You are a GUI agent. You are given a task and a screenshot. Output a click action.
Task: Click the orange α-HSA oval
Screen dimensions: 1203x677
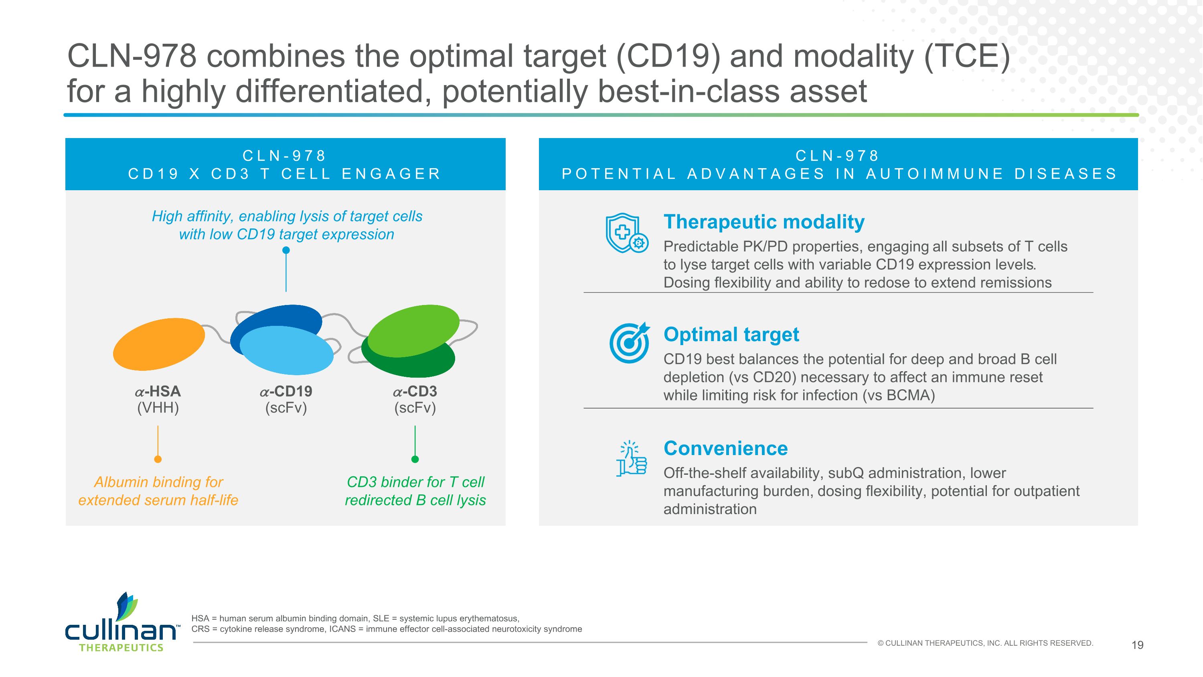tap(159, 344)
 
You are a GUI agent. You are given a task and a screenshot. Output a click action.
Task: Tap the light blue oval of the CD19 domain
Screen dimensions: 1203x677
tap(287, 350)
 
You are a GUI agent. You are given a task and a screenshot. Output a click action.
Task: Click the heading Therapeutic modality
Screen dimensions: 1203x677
tap(764, 222)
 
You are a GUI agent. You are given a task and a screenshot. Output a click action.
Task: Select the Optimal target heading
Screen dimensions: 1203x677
tap(731, 335)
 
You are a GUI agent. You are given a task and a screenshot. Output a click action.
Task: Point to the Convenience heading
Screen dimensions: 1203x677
tap(726, 448)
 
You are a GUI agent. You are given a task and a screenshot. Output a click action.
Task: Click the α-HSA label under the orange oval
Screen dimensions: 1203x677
tap(158, 391)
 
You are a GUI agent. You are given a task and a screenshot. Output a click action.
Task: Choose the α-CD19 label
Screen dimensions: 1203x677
tap(286, 391)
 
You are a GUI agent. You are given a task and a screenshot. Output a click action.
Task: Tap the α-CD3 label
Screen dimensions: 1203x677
tap(415, 391)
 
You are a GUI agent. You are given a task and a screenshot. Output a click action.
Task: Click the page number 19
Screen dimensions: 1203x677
tap(1138, 645)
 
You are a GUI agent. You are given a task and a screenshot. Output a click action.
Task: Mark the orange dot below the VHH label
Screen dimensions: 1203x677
tap(158, 459)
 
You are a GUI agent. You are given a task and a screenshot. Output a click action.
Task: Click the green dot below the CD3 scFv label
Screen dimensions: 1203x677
tap(415, 459)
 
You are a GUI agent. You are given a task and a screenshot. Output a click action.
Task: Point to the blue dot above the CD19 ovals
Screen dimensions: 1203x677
tap(286, 250)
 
